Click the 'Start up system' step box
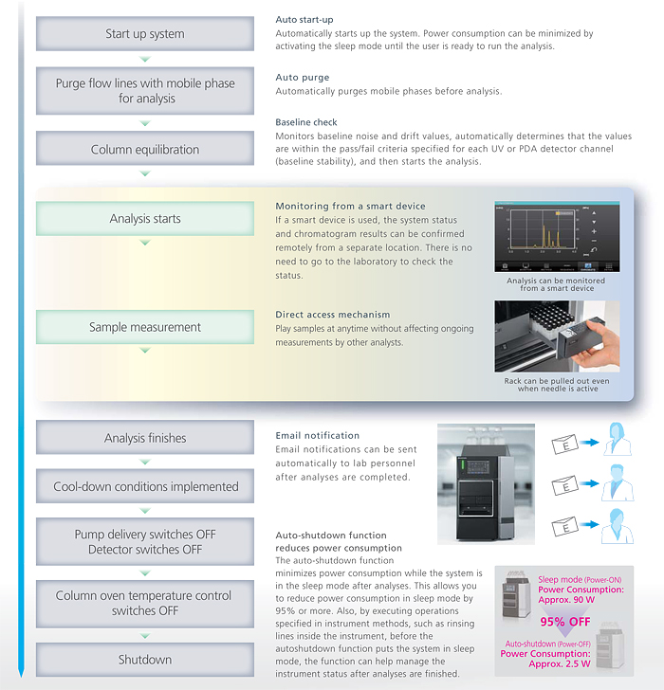click(x=145, y=34)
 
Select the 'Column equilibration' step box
click(x=145, y=149)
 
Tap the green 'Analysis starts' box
click(x=145, y=219)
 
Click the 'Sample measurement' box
click(x=145, y=327)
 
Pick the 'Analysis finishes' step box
click(x=145, y=438)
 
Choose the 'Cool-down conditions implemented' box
click(x=145, y=486)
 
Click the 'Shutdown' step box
click(x=145, y=659)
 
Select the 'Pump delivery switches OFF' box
click(x=145, y=542)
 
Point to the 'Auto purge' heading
click(x=303, y=78)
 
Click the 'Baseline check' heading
click(x=306, y=122)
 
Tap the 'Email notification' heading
click(x=317, y=435)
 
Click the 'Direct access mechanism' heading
click(x=332, y=314)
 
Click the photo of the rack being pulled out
click(x=556, y=336)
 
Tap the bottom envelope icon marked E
click(x=566, y=525)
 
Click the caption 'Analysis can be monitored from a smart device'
click(x=556, y=283)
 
